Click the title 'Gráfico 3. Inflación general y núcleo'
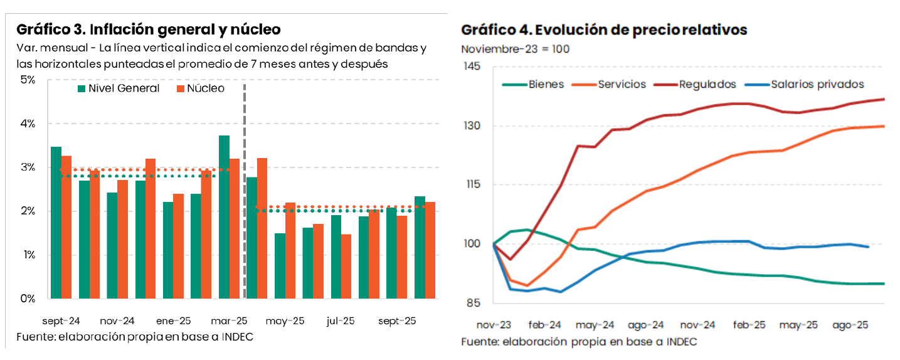pos(148,29)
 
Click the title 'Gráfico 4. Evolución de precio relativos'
pos(604,30)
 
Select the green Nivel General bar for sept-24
pos(56,223)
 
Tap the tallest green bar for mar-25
pos(224,217)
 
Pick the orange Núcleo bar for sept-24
pos(66,227)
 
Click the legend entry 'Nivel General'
pos(119,88)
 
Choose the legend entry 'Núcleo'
pos(201,88)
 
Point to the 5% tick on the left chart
pos(28,80)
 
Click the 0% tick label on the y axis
pos(28,299)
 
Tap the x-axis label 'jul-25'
pos(341,320)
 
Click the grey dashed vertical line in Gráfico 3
pos(244,188)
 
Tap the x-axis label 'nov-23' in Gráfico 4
pos(494,325)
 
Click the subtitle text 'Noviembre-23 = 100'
pos(515,49)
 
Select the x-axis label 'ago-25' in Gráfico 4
pos(850,325)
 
